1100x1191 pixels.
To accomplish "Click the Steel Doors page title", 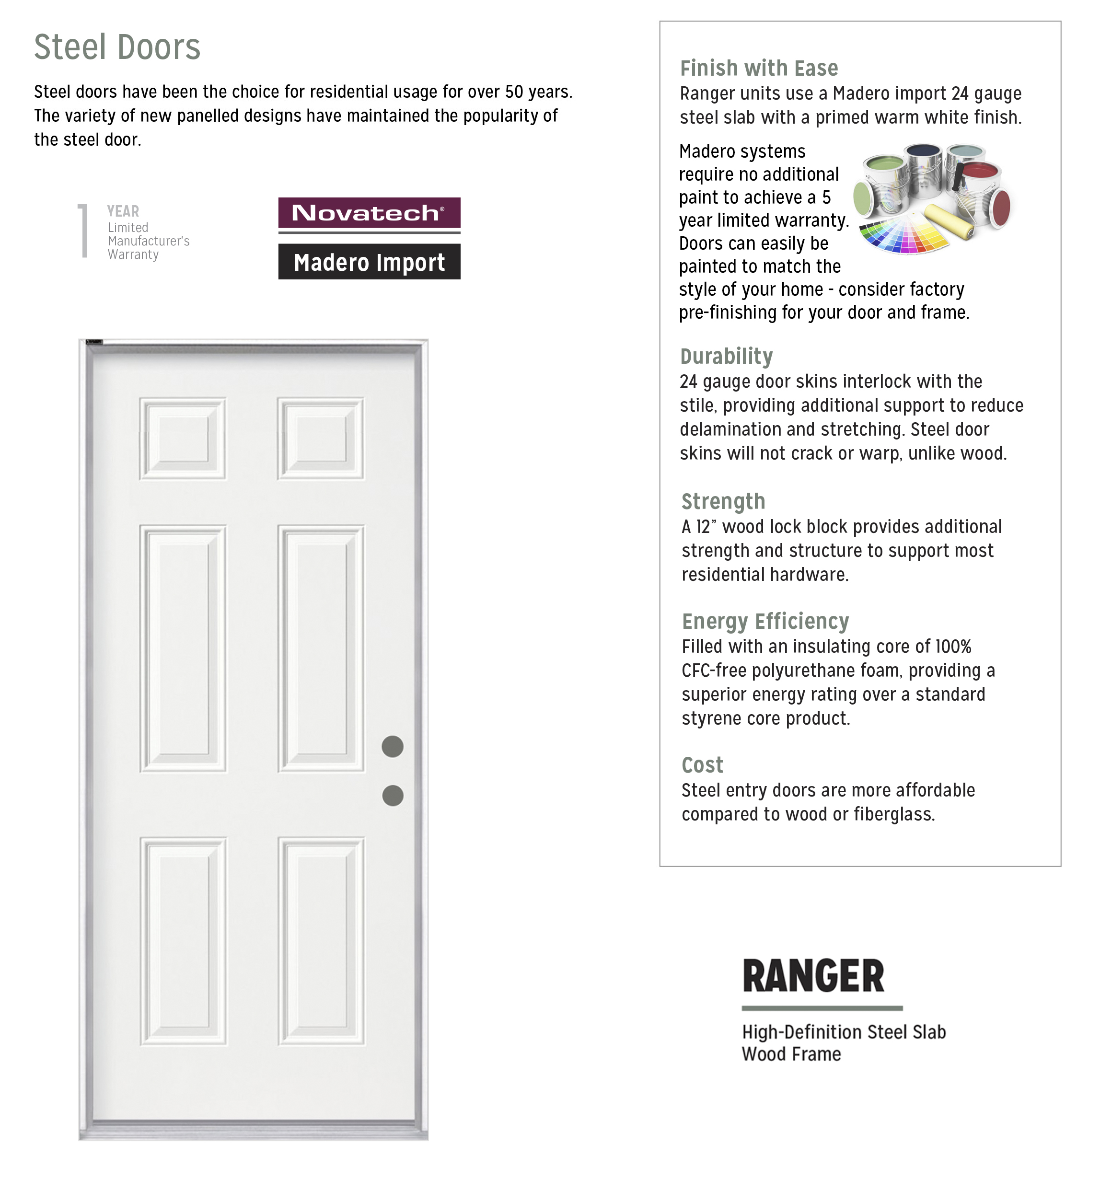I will (x=117, y=47).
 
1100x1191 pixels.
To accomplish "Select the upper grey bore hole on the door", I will (x=392, y=746).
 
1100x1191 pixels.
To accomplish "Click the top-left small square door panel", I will (x=183, y=439).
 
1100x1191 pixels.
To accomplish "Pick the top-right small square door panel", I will (x=321, y=439).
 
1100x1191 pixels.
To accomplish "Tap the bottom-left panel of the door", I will (x=183, y=941).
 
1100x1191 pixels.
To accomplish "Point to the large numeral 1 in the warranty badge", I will (x=83, y=231).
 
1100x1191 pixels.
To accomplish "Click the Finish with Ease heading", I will (x=759, y=69).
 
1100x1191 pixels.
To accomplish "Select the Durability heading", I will (x=726, y=356).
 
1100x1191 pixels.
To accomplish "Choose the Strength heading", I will (x=723, y=501).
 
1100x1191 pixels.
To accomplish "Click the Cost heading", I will (x=702, y=765).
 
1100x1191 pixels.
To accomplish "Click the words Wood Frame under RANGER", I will (x=791, y=1054).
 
